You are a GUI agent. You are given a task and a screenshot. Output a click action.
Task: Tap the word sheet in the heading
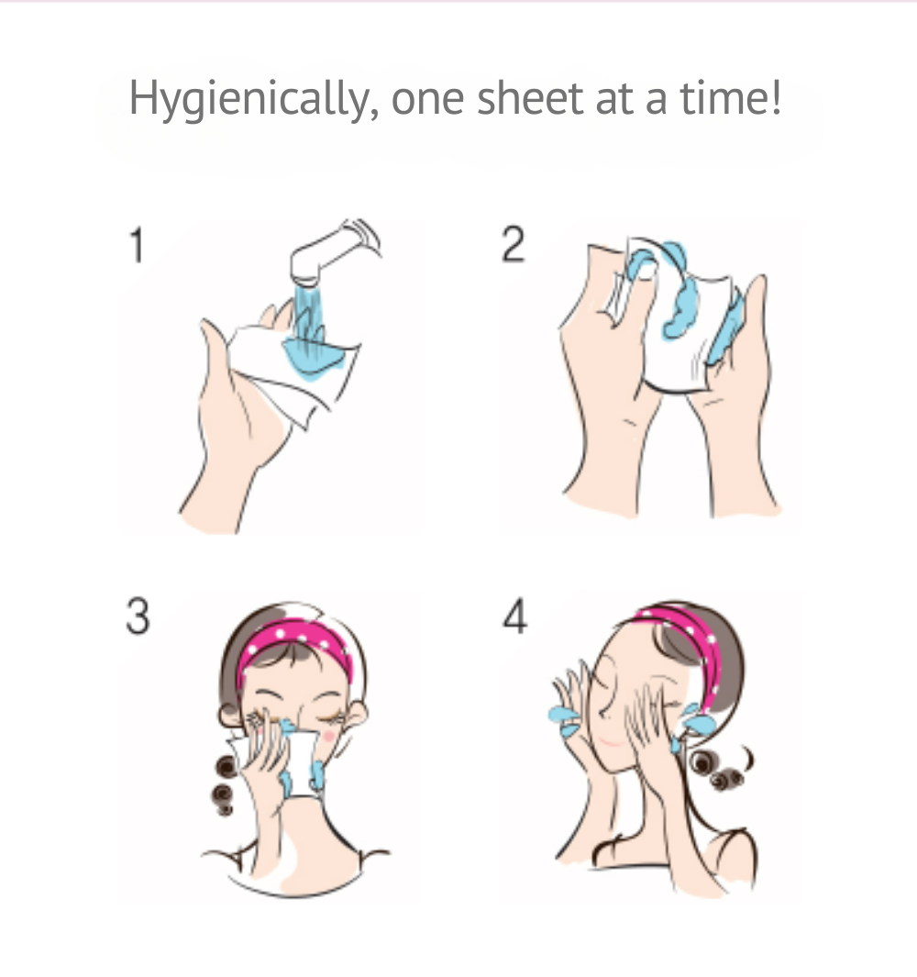click(530, 98)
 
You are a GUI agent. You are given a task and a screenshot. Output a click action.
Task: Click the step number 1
click(137, 245)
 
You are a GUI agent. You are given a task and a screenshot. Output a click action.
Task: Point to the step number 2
click(514, 244)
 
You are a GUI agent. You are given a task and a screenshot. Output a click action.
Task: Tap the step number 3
click(138, 616)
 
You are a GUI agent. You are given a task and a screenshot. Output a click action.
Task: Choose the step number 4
click(515, 616)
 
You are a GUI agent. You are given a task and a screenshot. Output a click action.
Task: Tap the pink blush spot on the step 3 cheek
click(328, 737)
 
